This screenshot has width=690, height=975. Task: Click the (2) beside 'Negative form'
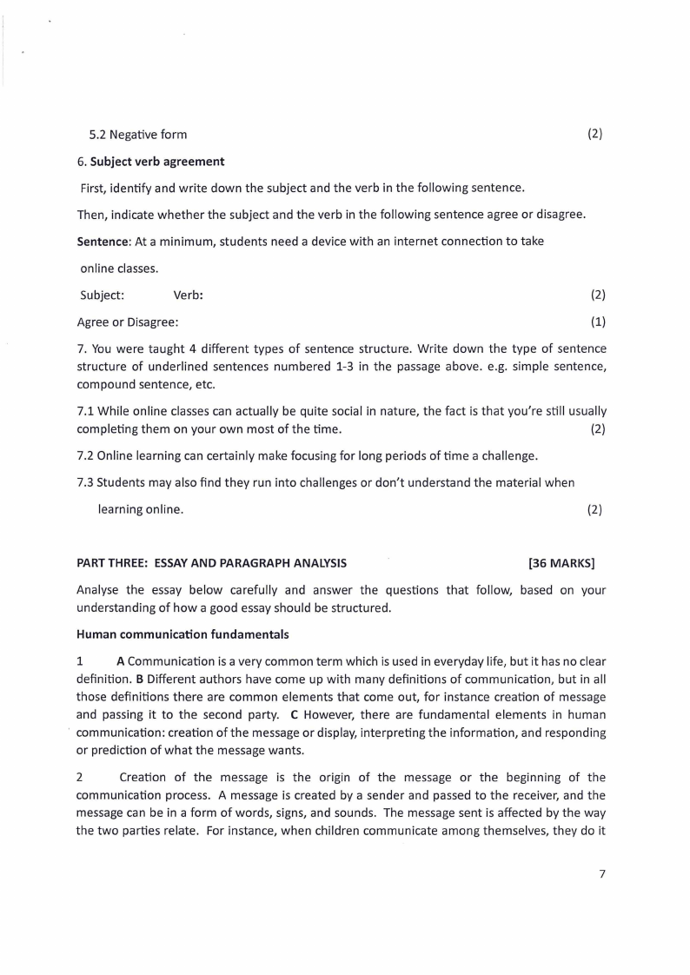(x=594, y=134)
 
